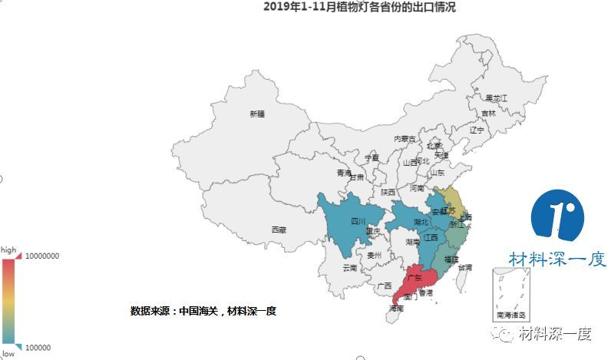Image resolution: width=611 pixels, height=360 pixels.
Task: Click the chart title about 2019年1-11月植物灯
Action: tap(358, 8)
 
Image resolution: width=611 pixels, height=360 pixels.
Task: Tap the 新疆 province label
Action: tap(257, 114)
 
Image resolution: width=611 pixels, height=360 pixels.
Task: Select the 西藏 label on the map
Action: tap(279, 230)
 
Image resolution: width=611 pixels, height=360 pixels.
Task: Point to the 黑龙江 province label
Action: tap(497, 98)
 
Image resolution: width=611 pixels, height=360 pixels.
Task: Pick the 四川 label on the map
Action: tap(358, 221)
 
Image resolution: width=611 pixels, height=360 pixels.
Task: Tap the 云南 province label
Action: tap(350, 268)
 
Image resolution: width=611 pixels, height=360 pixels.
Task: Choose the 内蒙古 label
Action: tap(405, 139)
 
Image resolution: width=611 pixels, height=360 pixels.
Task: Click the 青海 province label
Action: tap(343, 173)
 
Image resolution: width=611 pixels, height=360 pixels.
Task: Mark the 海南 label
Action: tap(396, 309)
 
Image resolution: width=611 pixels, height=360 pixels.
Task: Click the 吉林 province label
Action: tap(488, 114)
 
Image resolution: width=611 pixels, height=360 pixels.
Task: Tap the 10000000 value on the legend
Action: tap(43, 256)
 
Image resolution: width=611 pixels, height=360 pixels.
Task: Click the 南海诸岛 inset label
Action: tap(511, 315)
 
